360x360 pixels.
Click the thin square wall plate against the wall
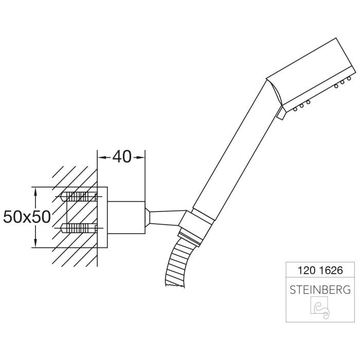coord(102,217)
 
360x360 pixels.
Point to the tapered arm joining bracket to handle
coord(165,215)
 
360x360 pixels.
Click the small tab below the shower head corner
coord(281,114)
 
